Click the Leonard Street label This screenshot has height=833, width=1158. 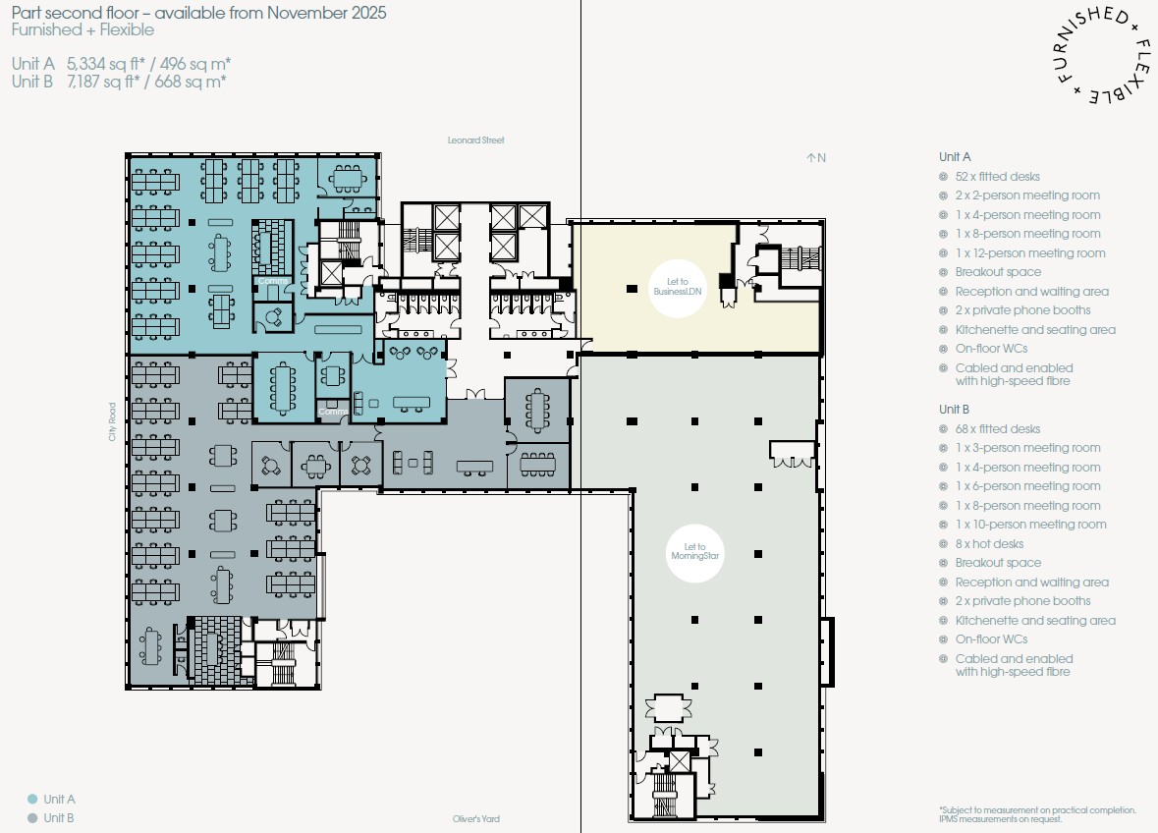(475, 140)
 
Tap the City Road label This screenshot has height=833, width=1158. (112, 421)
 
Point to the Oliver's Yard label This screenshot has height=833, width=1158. (475, 819)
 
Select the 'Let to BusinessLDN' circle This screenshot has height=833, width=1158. (678, 288)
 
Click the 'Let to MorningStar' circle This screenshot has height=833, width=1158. (694, 553)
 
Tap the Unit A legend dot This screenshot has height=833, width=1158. (32, 799)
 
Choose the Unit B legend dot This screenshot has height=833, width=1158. (32, 818)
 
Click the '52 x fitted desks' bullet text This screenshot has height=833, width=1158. (997, 177)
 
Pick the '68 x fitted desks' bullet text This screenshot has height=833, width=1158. (997, 429)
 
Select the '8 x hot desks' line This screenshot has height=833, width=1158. (989, 544)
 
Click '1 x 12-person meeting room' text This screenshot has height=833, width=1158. (1030, 253)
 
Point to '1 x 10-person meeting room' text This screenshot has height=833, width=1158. (1030, 525)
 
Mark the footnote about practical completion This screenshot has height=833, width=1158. (1037, 814)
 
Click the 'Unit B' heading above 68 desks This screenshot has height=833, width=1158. (954, 409)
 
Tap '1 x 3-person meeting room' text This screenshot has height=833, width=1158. (1027, 448)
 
